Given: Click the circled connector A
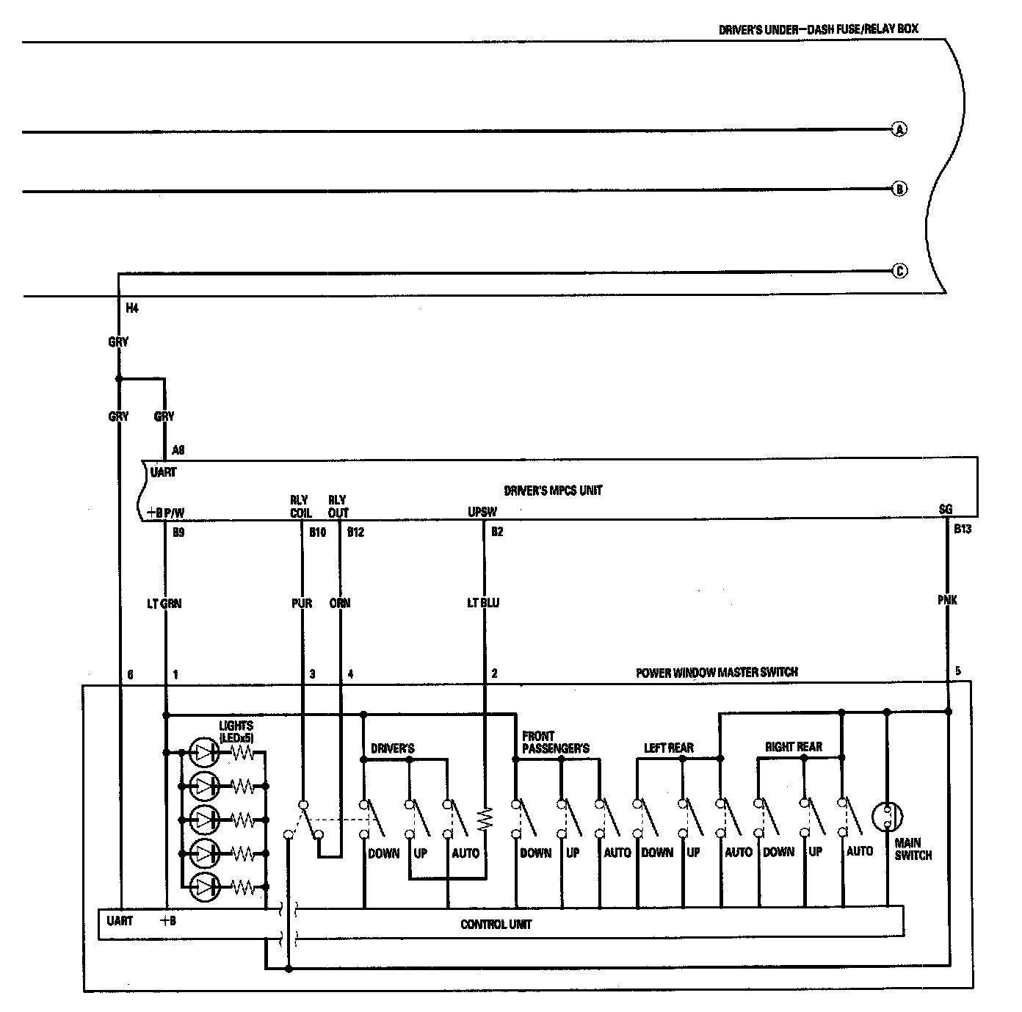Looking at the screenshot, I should click(x=899, y=130).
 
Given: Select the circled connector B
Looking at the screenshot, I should click(x=899, y=189).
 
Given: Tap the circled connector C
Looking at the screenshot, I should click(x=899, y=271).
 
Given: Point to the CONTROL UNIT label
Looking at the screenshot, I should click(x=496, y=924).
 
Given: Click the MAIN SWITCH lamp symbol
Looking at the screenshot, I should click(x=887, y=816).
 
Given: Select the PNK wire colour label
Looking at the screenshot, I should click(x=947, y=600).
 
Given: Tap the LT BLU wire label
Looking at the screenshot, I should click(x=483, y=603).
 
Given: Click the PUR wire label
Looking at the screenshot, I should click(x=301, y=603).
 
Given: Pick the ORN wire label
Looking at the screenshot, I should click(x=339, y=603).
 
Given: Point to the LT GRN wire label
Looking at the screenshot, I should click(x=164, y=604).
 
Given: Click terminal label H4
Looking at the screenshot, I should click(x=131, y=308).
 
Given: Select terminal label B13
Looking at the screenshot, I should click(x=962, y=529).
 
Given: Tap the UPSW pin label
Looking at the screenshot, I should click(x=482, y=512).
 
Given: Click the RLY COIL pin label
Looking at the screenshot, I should click(x=300, y=507).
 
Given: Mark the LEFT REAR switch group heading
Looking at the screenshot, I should click(x=668, y=748).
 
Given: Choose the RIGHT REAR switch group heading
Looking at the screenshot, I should click(x=793, y=747).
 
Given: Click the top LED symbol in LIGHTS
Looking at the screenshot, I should click(x=203, y=751).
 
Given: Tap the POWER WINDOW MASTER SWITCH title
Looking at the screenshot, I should click(x=716, y=672).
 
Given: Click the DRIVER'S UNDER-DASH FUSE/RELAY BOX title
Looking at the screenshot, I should click(x=818, y=29).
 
